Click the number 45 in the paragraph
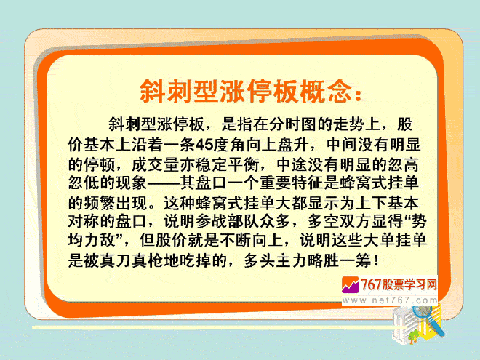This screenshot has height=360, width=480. point(204,145)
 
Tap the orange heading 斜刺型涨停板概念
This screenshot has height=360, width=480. point(244,91)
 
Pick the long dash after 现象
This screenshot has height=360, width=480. point(164,184)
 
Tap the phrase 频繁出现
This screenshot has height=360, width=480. point(116,203)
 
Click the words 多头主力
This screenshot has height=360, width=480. point(276,261)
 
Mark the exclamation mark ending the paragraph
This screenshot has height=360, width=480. point(376,261)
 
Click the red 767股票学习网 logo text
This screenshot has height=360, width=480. point(399,285)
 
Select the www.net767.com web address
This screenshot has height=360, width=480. point(390,300)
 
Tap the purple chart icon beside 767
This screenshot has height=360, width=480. point(351,285)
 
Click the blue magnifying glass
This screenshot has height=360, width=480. point(428,319)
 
